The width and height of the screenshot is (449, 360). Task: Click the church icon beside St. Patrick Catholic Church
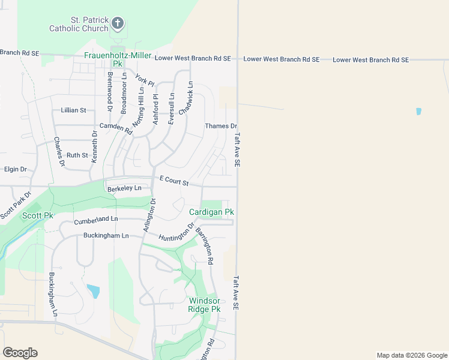point(118,24)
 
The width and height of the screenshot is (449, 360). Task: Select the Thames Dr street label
point(221,126)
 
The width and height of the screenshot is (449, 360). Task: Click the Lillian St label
point(74,110)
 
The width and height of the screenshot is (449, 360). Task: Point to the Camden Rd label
point(115,127)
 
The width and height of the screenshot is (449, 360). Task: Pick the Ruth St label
point(77,155)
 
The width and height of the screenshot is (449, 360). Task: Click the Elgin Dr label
point(15,170)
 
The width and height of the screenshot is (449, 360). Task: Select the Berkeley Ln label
point(124,188)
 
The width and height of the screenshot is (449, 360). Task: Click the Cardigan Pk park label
point(211,212)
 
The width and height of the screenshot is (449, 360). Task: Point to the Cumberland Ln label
point(96,221)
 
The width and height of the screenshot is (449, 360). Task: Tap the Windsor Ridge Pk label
point(205,305)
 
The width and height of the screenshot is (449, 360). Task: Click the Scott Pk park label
point(38,215)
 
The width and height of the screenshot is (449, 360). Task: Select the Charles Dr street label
point(59,151)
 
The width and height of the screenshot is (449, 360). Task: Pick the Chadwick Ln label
point(186,98)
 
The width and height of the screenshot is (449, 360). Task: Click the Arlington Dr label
point(149,216)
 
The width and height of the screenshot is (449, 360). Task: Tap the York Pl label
point(145,80)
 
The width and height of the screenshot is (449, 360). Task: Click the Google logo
point(20,353)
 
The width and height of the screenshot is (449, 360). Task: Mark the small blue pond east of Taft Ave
point(418,112)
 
